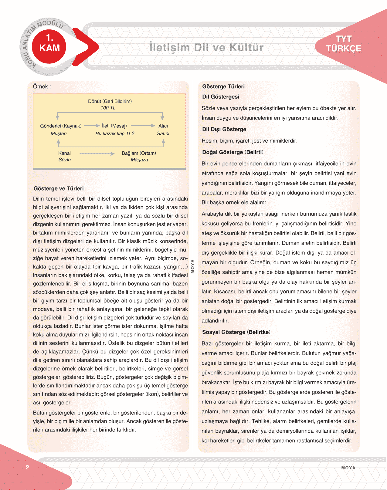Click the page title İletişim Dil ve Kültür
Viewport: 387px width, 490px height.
coord(206,47)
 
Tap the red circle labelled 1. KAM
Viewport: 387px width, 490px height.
coord(49,43)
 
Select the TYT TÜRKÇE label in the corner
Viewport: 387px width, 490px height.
coord(344,44)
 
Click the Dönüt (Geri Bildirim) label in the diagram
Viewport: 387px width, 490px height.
coord(110,101)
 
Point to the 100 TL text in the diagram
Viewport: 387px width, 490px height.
coord(108,108)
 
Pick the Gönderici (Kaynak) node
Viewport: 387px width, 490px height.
coord(61,126)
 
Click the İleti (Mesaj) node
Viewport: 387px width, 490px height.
coord(114,126)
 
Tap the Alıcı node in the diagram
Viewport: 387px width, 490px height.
coord(163,126)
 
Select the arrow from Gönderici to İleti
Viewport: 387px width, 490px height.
coord(92,126)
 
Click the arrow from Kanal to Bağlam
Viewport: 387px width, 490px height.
coord(97,154)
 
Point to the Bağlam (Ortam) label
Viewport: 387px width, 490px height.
coord(139,153)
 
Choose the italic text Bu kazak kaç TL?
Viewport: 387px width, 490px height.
coord(115,133)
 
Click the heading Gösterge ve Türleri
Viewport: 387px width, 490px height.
coord(59,188)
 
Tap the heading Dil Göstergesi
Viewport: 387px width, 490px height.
coord(221,97)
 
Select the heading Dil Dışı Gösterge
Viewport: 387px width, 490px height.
coord(224,129)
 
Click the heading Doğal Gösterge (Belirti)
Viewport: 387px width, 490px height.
coord(233,152)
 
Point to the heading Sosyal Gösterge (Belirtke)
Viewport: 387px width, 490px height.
coord(236,332)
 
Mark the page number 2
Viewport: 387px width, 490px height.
coord(27,467)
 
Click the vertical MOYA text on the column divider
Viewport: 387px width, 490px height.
coord(192,266)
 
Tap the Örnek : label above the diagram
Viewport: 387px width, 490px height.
coord(42,86)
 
